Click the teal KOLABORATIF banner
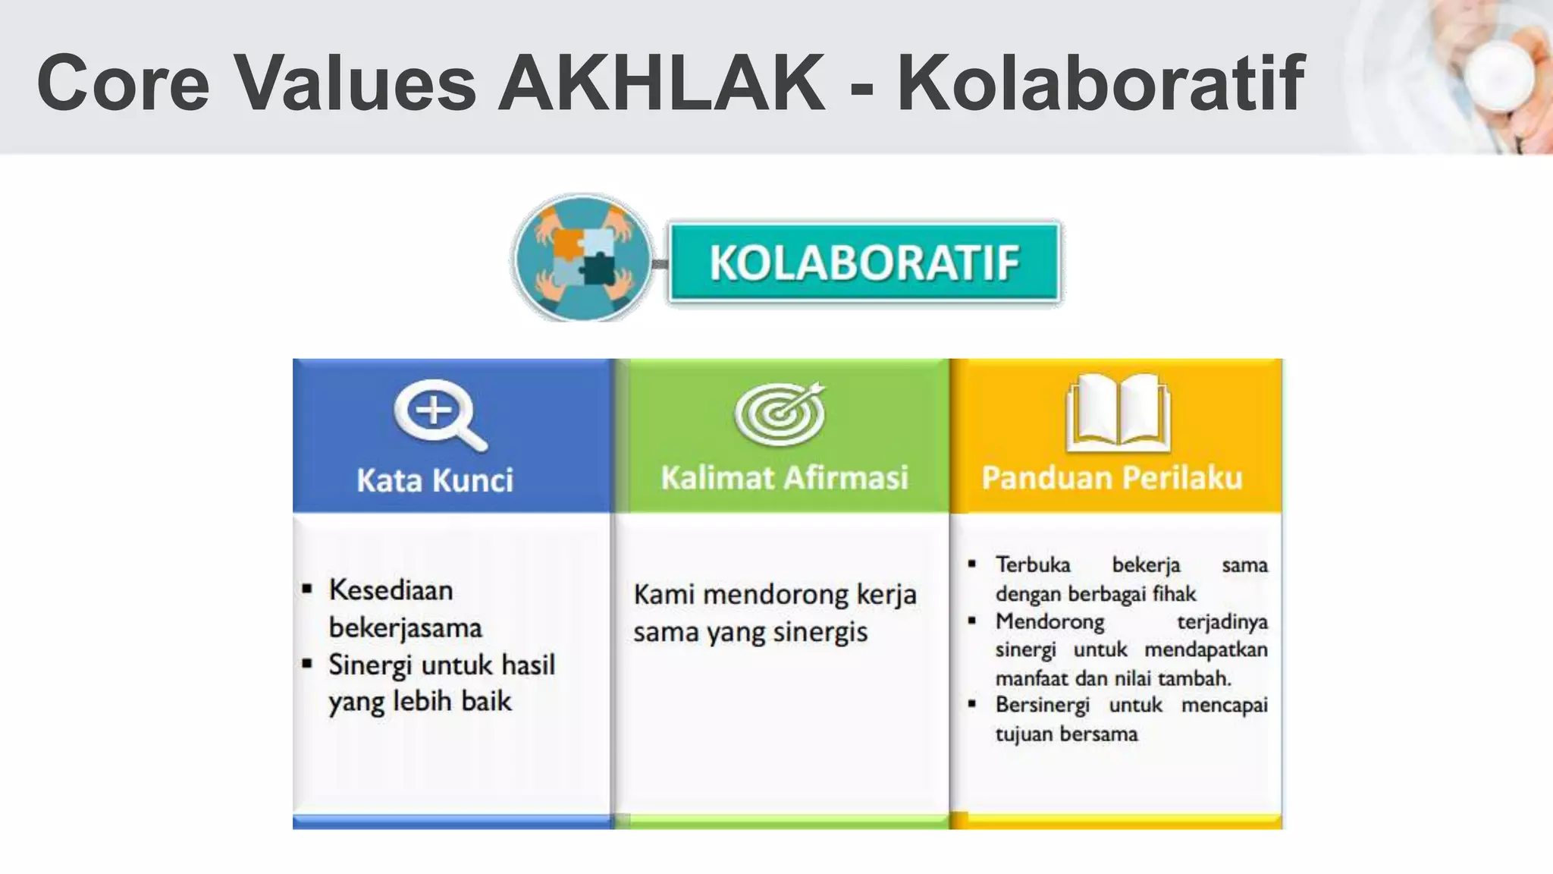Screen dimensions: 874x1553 click(x=864, y=263)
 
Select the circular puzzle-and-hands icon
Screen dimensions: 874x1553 click(x=582, y=258)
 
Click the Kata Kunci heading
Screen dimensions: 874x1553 click(x=435, y=480)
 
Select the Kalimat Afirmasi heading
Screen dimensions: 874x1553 click(x=784, y=478)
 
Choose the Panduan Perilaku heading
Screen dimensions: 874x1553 click(x=1112, y=478)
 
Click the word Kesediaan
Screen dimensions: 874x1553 click(x=391, y=590)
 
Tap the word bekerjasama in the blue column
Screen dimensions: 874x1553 click(x=405, y=628)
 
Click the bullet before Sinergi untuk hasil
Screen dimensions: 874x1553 click(x=307, y=664)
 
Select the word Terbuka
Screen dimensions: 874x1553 click(x=1033, y=565)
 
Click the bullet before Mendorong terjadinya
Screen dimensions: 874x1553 click(x=972, y=621)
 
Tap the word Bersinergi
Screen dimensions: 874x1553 click(x=1042, y=706)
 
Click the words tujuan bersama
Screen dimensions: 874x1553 click(x=1066, y=734)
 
